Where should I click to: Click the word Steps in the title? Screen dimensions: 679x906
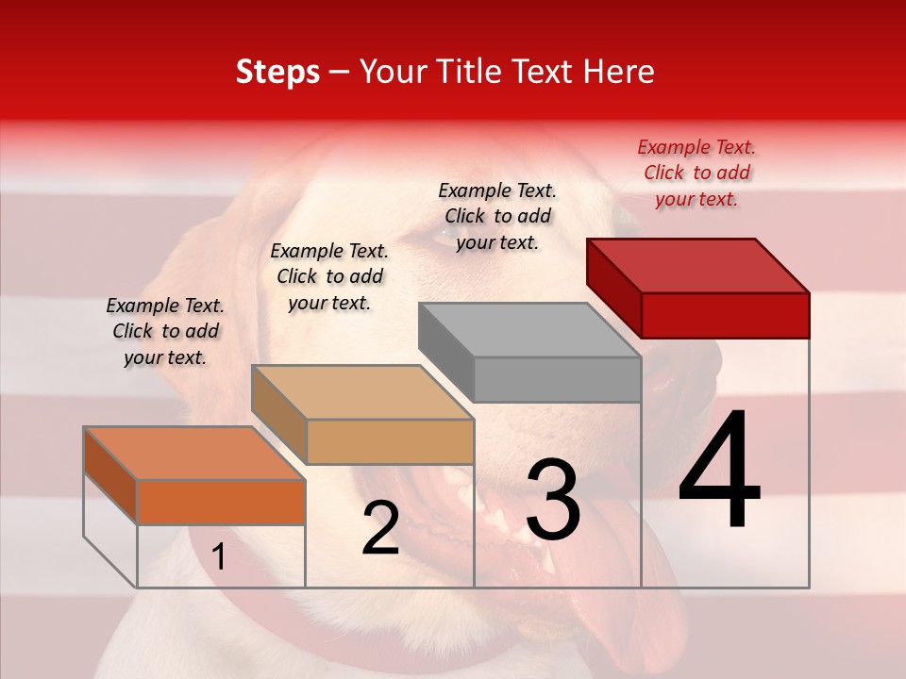tap(277, 72)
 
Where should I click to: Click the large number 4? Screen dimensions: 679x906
tap(719, 471)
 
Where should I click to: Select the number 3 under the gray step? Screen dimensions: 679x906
tap(552, 501)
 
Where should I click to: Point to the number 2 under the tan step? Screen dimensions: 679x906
tap(380, 528)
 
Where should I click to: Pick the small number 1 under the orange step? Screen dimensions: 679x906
tap(219, 557)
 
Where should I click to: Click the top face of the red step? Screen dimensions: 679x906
tap(698, 265)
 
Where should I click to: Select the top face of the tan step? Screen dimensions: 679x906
tap(362, 392)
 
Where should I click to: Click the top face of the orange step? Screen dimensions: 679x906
tap(194, 454)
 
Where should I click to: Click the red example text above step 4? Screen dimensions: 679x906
tap(696, 173)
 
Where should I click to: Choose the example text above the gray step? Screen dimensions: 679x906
tap(497, 216)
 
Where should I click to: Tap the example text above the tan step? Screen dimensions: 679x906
tap(329, 276)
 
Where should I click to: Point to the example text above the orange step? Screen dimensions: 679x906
tap(165, 331)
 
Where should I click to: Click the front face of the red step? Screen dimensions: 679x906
tap(725, 315)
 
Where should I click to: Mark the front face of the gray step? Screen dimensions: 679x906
tap(557, 379)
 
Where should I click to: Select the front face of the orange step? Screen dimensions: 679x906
tap(221, 502)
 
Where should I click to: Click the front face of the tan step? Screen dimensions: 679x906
tap(390, 441)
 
